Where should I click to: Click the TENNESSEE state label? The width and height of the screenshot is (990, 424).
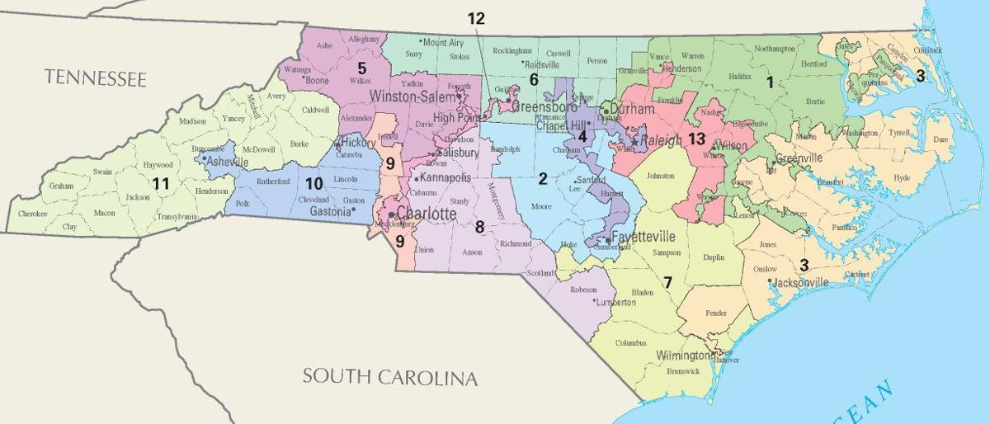tap(96, 79)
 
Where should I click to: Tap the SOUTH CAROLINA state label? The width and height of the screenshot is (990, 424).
tap(389, 378)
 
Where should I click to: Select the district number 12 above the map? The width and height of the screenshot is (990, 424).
tap(476, 18)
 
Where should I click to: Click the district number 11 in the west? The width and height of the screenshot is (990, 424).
tap(161, 183)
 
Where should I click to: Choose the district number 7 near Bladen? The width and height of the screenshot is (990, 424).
tap(667, 282)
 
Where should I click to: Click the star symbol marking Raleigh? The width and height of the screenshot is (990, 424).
tap(634, 142)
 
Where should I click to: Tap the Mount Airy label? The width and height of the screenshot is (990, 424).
tap(443, 41)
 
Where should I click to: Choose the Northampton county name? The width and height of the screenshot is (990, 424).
tap(773, 49)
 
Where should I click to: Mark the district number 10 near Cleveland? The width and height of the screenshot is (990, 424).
tap(313, 183)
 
